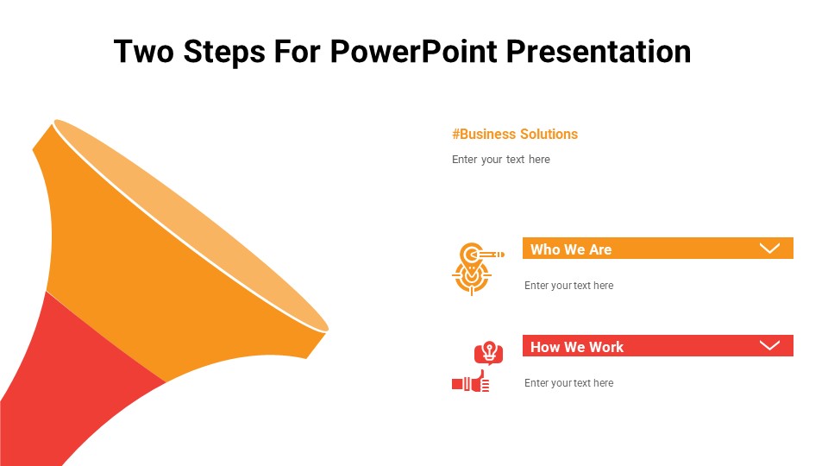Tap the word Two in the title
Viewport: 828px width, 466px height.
144,52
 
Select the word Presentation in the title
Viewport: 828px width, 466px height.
598,52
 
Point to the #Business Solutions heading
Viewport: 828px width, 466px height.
515,134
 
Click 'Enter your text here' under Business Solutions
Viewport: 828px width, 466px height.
500,160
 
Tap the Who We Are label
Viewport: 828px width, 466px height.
571,249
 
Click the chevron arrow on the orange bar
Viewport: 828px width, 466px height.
769,249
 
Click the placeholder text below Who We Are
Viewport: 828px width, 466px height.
568,286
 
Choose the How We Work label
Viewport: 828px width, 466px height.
576,347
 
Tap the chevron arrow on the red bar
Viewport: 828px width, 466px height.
769,346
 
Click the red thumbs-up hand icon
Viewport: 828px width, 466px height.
471,382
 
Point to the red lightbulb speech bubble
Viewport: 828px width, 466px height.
488,353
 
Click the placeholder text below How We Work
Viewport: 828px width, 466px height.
568,383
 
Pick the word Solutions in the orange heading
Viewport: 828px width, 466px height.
549,134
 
